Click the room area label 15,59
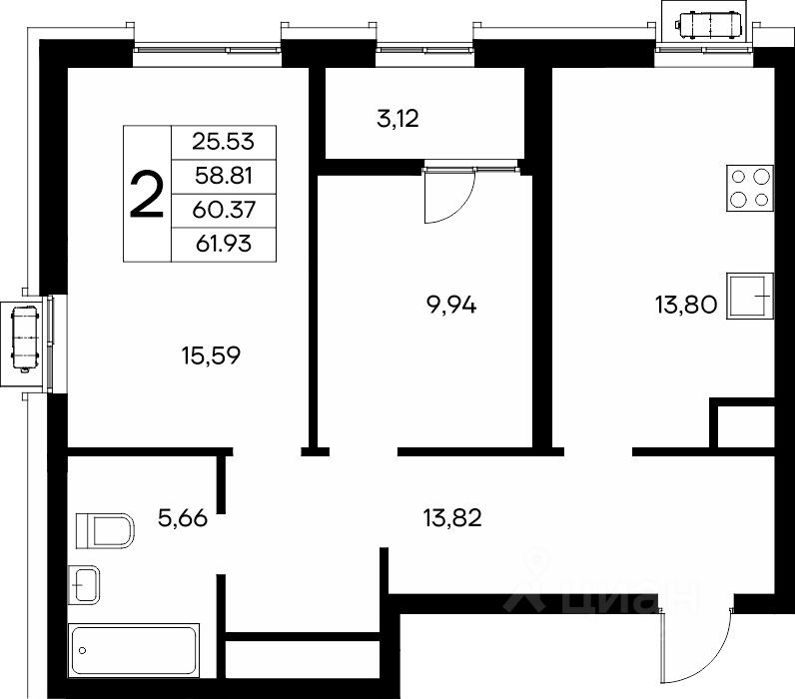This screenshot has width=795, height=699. click(x=211, y=355)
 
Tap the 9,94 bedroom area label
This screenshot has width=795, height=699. click(x=451, y=306)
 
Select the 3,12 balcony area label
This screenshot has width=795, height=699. click(x=398, y=119)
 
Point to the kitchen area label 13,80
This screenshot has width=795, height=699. click(x=686, y=306)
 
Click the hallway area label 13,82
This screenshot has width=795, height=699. click(x=452, y=518)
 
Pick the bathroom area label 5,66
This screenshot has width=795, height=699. click(x=183, y=518)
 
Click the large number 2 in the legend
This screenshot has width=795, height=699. click(x=147, y=195)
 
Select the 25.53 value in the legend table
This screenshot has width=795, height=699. click(x=223, y=142)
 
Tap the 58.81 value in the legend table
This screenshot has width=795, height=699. click(x=224, y=176)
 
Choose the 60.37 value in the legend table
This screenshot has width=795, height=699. click(x=224, y=210)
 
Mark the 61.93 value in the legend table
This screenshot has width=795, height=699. click(x=224, y=245)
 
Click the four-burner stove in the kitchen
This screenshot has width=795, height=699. click(x=750, y=188)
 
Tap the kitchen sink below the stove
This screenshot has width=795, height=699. click(x=750, y=296)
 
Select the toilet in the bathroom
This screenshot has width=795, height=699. click(x=105, y=530)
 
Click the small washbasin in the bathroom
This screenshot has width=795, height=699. click(x=84, y=584)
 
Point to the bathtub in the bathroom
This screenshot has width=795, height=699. click(x=134, y=650)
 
